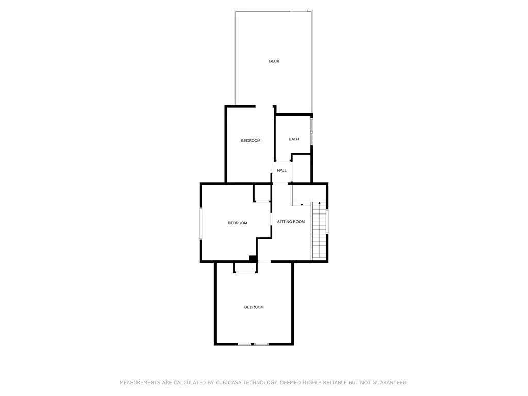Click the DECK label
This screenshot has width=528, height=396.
[274, 61]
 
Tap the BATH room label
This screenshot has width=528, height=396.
[293, 139]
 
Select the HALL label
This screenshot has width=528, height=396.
[282, 170]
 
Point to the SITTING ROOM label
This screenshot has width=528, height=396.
[291, 222]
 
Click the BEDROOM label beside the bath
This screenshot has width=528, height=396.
[251, 140]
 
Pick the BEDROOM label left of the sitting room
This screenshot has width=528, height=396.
[238, 223]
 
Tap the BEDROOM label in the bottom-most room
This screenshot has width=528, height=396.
[254, 307]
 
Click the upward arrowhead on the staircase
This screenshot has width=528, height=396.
[319, 203]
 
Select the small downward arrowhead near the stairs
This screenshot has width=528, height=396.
[302, 204]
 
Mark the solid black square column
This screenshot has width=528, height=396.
[253, 258]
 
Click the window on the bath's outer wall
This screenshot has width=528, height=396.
[312, 131]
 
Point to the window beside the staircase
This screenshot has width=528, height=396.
[327, 221]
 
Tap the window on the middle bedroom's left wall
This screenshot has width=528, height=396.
[201, 224]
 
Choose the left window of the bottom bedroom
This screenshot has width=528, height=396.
[244, 344]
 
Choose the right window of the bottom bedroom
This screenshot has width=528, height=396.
[261, 344]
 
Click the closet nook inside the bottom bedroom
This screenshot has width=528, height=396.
[245, 268]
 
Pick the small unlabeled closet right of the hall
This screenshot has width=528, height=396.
[301, 169]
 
